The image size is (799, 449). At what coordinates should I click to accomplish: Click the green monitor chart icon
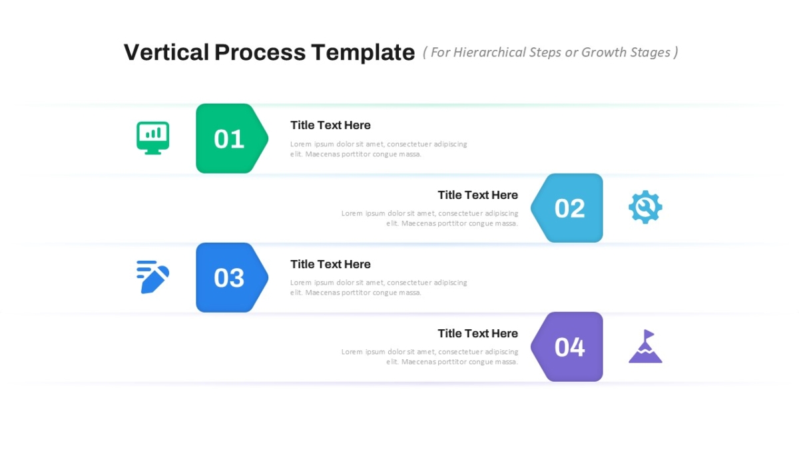pyautogui.click(x=152, y=138)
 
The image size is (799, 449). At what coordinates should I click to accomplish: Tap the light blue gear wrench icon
pyautogui.click(x=645, y=207)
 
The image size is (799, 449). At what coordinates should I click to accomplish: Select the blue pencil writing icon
pyautogui.click(x=152, y=277)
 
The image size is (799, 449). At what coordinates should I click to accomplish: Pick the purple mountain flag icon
pyautogui.click(x=645, y=346)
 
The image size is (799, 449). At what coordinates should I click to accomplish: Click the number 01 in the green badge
pyautogui.click(x=229, y=139)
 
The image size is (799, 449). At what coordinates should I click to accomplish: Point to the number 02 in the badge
pyautogui.click(x=570, y=208)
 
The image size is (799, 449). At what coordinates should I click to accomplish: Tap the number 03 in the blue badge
pyautogui.click(x=229, y=278)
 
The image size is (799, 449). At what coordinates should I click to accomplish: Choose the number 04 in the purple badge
pyautogui.click(x=570, y=347)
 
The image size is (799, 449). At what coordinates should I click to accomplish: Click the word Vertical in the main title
pyautogui.click(x=166, y=53)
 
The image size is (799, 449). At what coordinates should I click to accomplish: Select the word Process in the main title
pyautogui.click(x=260, y=53)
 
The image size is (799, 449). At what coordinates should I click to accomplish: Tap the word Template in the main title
pyautogui.click(x=363, y=53)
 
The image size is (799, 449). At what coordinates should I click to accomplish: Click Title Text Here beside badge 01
pyautogui.click(x=330, y=125)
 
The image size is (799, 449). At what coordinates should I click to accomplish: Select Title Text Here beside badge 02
pyautogui.click(x=478, y=195)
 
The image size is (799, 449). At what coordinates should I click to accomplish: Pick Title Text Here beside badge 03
pyautogui.click(x=330, y=264)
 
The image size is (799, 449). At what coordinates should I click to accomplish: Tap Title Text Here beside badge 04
pyautogui.click(x=478, y=333)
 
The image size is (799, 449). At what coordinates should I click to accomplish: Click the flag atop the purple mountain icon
pyautogui.click(x=649, y=334)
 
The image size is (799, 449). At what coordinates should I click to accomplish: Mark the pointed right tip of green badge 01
pyautogui.click(x=268, y=138)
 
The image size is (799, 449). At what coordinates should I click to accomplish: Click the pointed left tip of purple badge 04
pyautogui.click(x=531, y=347)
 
